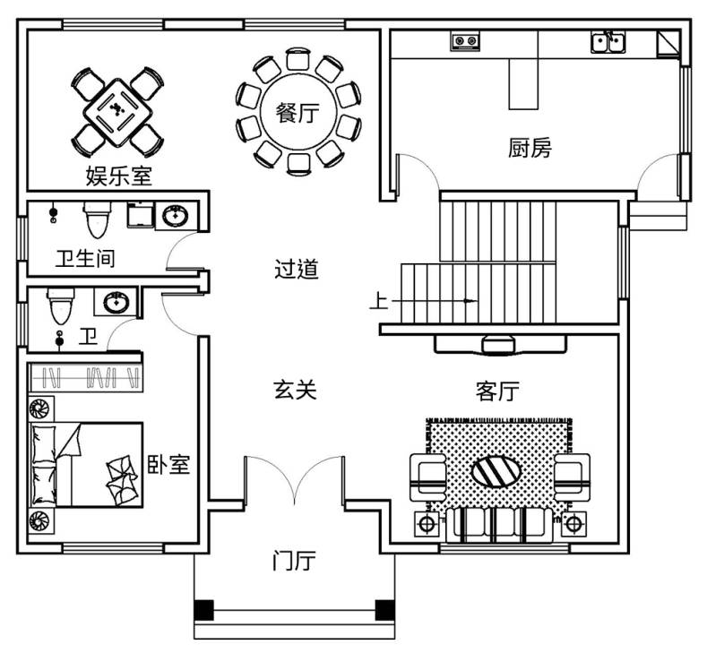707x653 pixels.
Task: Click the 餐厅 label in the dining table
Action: tap(296, 114)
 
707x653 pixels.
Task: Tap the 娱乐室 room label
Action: tap(118, 175)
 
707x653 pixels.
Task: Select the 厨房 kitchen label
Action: tap(529, 149)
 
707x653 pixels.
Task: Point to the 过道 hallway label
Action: tap(296, 268)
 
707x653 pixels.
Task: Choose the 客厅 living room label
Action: tap(498, 391)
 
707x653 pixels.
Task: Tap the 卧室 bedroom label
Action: tap(168, 464)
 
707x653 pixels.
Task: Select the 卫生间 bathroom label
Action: tap(84, 260)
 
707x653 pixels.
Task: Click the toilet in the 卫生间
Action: tap(96, 219)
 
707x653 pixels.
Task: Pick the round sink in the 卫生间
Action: tap(174, 217)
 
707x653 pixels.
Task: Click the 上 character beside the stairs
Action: tap(379, 303)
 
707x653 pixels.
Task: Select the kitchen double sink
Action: tap(608, 41)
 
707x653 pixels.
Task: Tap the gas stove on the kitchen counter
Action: tap(464, 41)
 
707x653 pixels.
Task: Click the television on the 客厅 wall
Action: tap(499, 343)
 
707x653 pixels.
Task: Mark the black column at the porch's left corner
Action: tap(205, 610)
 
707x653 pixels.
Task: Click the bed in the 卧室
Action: tap(86, 465)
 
